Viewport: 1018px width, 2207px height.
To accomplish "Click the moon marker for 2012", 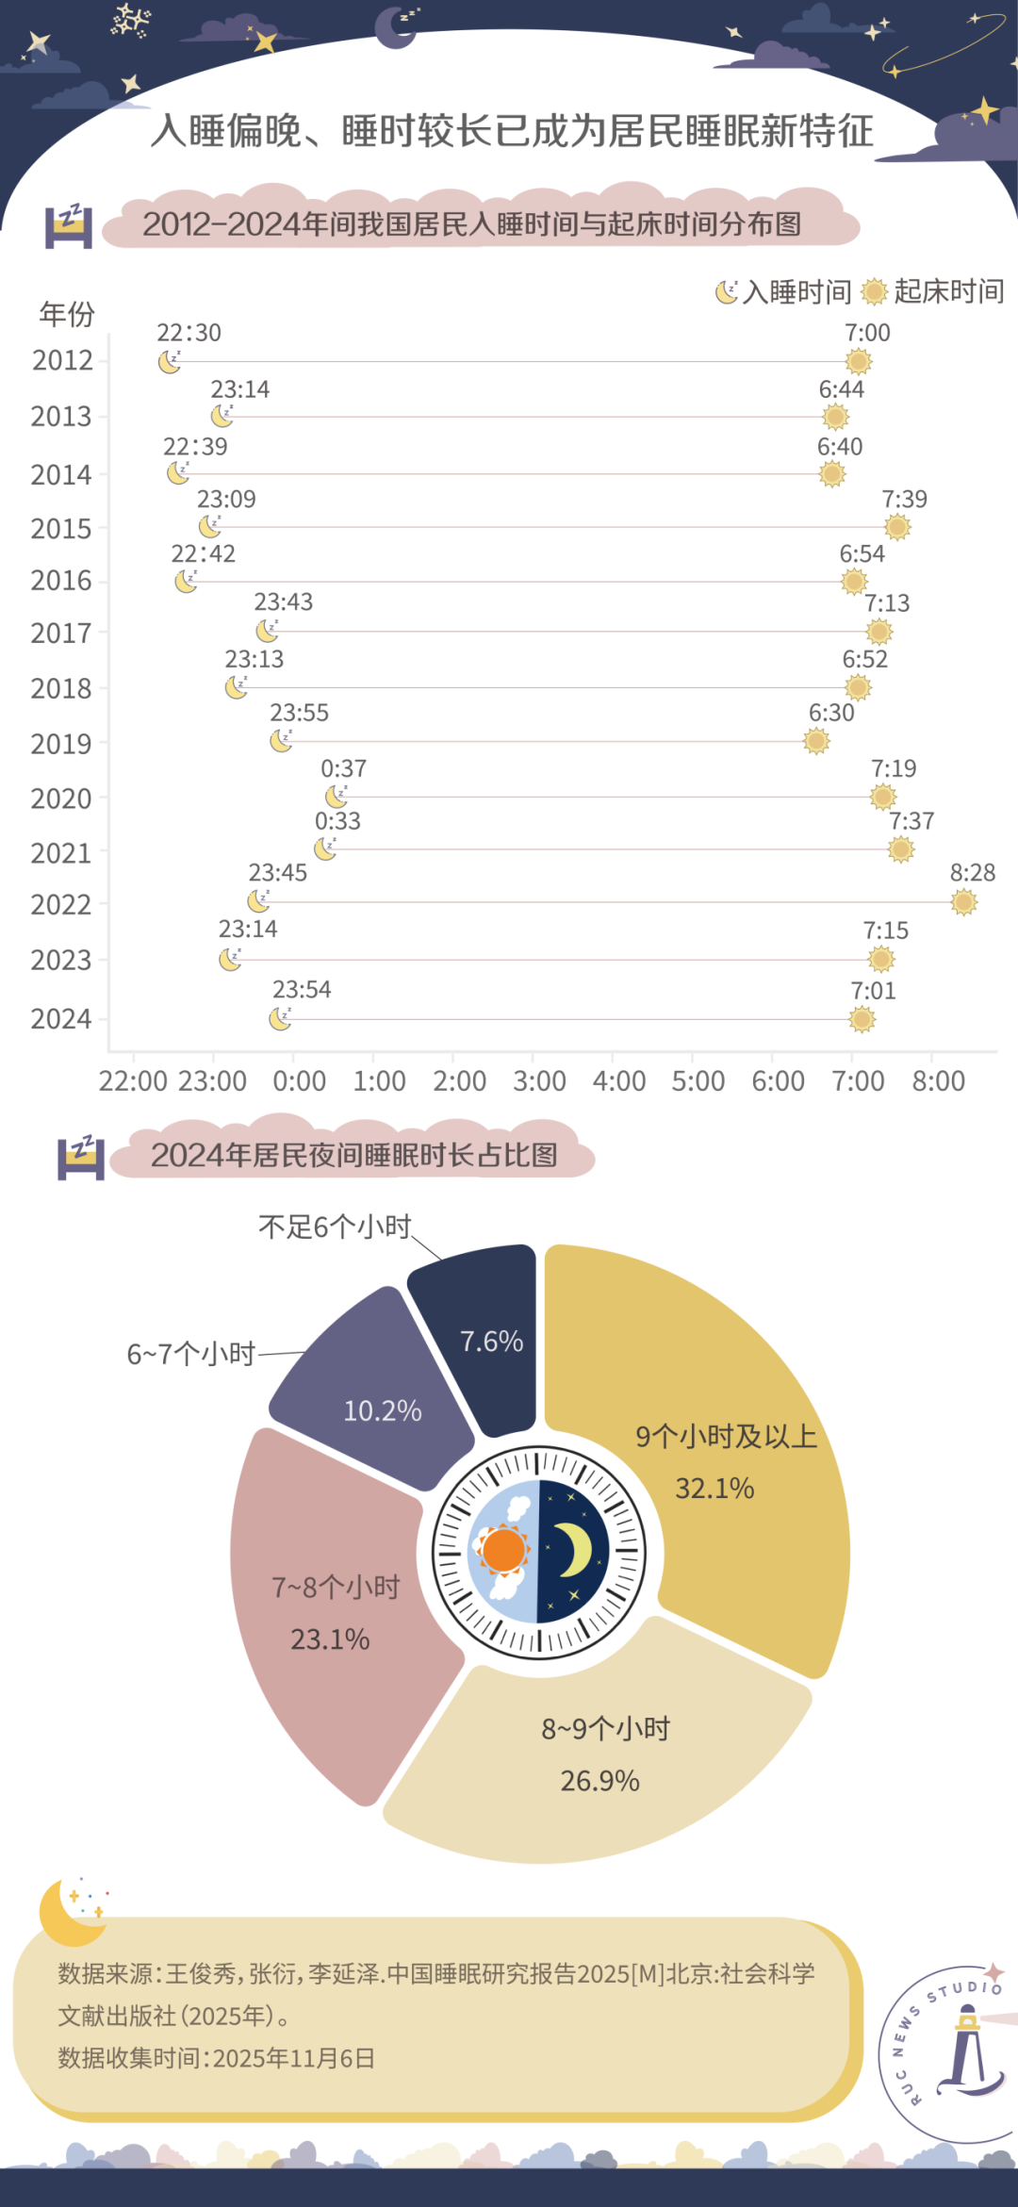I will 169,362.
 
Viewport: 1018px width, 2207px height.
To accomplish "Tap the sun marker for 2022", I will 963,902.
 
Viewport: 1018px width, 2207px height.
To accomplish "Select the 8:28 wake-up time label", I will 972,873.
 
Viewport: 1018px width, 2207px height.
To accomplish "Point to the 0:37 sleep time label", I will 343,768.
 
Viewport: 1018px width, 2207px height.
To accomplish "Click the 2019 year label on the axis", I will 61,744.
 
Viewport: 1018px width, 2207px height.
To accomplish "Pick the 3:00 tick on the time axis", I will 538,1080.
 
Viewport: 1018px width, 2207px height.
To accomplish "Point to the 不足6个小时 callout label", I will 335,1227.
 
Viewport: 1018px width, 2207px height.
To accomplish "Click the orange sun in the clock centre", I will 503,1550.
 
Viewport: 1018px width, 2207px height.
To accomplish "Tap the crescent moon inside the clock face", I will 572,1550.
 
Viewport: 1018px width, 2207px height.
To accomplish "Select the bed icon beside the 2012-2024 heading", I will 69,226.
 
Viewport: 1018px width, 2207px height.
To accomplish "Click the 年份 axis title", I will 67,314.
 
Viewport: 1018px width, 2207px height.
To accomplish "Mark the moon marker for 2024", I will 280,1019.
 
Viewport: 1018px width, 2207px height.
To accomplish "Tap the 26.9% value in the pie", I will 599,1781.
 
